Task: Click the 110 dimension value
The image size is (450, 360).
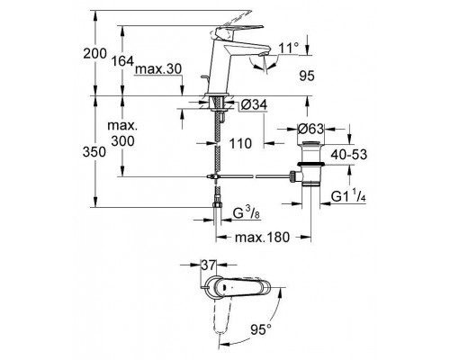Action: [238, 142]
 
